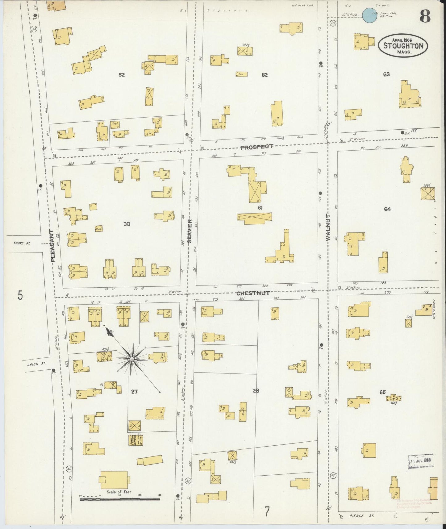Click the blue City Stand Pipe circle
click(x=369, y=15)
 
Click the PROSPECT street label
click(x=257, y=147)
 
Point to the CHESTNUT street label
click(x=253, y=293)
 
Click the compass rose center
click(x=132, y=359)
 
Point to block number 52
click(x=122, y=75)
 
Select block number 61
click(x=260, y=208)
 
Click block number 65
click(x=383, y=392)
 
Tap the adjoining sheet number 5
click(x=20, y=296)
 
